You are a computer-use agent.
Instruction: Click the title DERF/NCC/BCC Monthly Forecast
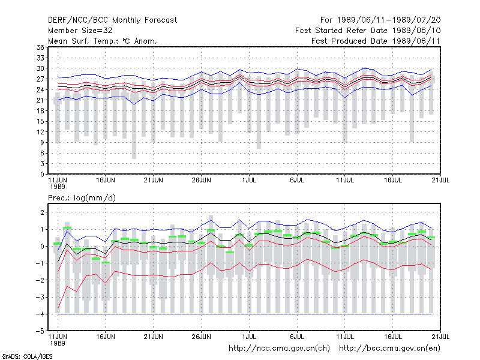112,20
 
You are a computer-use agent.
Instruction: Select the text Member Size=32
80,31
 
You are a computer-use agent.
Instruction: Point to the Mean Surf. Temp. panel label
103,41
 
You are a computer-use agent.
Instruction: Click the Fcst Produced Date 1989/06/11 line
376,41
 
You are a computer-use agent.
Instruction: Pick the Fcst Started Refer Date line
368,31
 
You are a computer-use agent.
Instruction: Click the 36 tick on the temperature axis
40,47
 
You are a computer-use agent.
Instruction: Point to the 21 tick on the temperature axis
40,100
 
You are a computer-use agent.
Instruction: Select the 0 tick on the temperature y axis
42,175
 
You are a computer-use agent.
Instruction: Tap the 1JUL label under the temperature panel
249,181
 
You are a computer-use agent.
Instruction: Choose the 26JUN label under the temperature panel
201,181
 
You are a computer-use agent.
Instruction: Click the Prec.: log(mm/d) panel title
82,198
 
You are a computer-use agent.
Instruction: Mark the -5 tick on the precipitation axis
40,331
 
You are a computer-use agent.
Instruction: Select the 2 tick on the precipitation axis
42,212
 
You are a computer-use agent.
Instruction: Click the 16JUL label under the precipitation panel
393,337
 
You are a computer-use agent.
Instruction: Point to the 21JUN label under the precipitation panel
154,337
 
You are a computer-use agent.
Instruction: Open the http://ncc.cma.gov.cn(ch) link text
279,349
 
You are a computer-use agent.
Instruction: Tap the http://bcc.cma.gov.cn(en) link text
389,349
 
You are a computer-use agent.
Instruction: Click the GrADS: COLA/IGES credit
28,356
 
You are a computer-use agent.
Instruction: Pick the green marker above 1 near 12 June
67,228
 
